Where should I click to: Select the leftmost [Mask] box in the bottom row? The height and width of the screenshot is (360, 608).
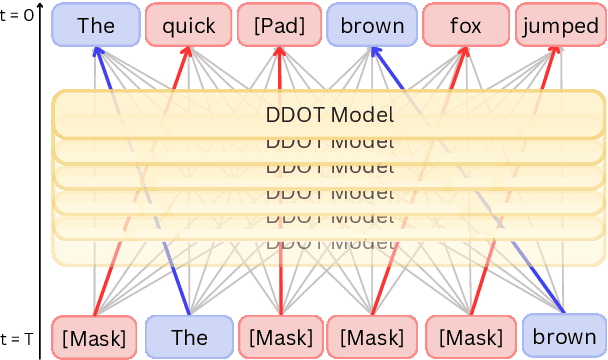coord(94,337)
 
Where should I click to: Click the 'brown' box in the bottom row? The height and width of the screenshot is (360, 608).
coord(563,337)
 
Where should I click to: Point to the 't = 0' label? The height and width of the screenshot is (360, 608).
coord(19,14)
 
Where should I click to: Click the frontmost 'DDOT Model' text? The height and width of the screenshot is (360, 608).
coord(330,114)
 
